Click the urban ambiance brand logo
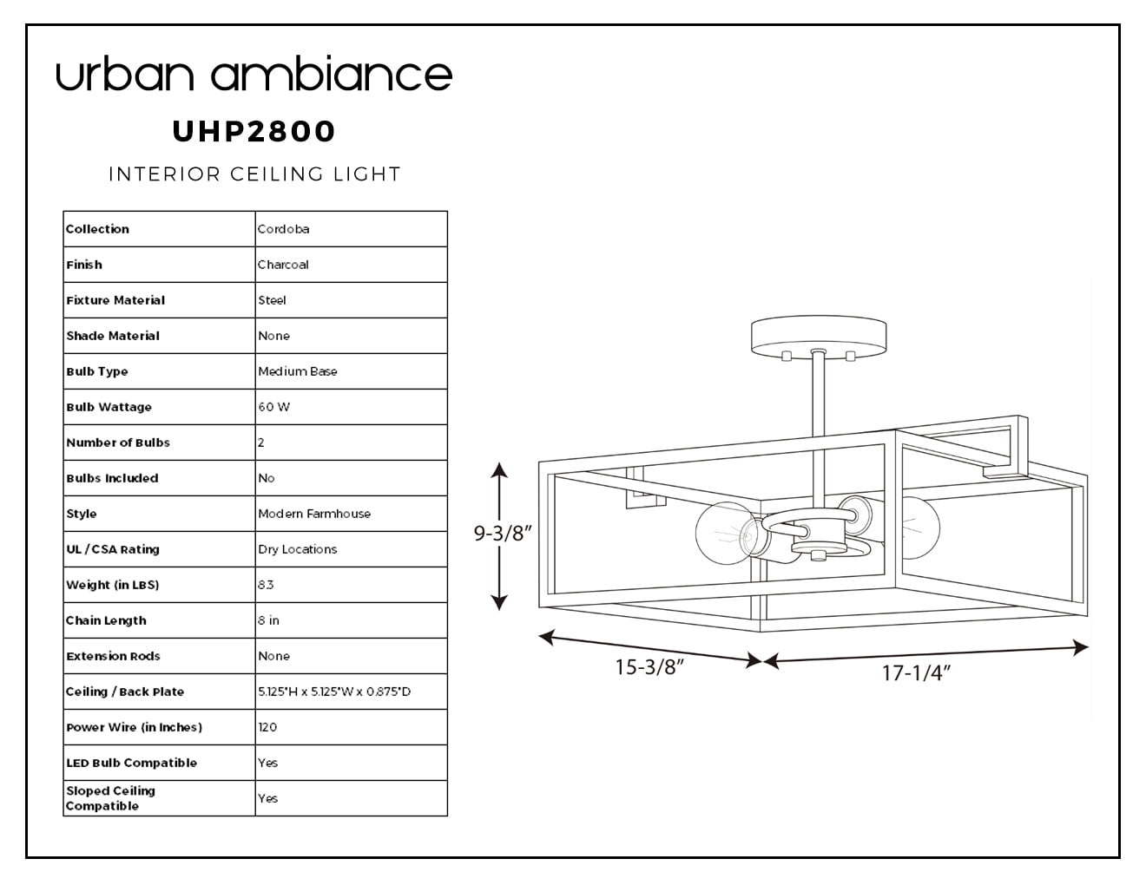pyautogui.click(x=254, y=73)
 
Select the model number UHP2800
pyautogui.click(x=254, y=131)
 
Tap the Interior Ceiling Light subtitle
pyautogui.click(x=254, y=174)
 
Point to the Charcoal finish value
pyautogui.click(x=283, y=265)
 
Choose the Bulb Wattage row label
pyautogui.click(x=109, y=407)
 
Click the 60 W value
pyautogui.click(x=273, y=407)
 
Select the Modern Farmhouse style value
pyautogui.click(x=314, y=514)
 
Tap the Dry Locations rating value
pyautogui.click(x=298, y=549)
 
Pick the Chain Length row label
pyautogui.click(x=106, y=620)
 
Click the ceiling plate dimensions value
pyautogui.click(x=334, y=692)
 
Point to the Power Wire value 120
pyautogui.click(x=267, y=727)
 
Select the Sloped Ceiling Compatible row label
pyautogui.click(x=111, y=798)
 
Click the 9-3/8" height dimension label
pyautogui.click(x=502, y=533)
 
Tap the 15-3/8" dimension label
pyautogui.click(x=649, y=667)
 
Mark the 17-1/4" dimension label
pyautogui.click(x=916, y=673)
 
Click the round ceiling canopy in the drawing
pyautogui.click(x=819, y=338)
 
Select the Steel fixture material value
pyautogui.click(x=272, y=300)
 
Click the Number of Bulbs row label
pyautogui.click(x=118, y=442)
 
